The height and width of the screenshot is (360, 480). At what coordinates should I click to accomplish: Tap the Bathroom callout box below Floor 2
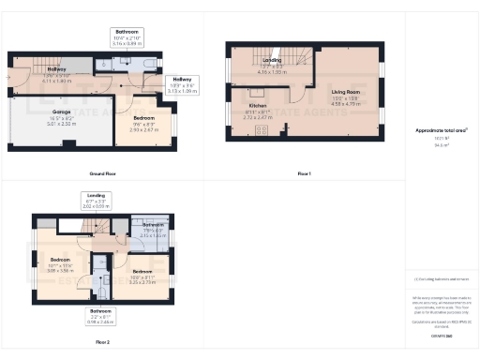click(100, 313)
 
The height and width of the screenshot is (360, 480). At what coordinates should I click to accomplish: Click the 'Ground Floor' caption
click(102, 173)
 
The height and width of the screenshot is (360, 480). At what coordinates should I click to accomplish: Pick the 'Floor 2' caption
click(101, 342)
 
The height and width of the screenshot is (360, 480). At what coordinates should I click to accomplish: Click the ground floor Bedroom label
click(143, 123)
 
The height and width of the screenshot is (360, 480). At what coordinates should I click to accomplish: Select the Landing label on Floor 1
click(272, 62)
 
